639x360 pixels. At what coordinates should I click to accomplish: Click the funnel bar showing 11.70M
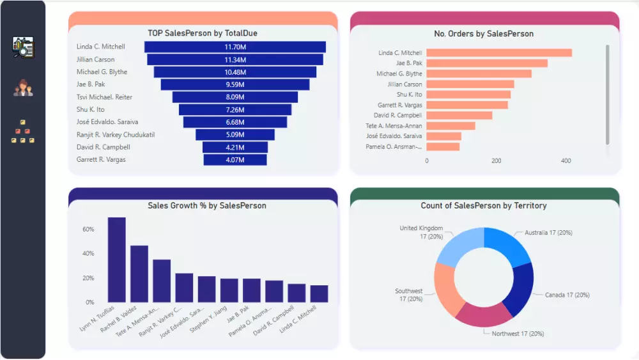pos(235,47)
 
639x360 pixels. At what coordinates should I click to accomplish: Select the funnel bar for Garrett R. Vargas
pos(235,160)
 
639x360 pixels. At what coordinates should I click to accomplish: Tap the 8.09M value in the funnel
pos(235,97)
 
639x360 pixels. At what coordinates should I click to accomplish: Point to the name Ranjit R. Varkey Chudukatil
pos(116,135)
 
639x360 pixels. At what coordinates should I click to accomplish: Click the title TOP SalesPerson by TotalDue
pos(203,33)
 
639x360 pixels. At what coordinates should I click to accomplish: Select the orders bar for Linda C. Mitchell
pos(498,53)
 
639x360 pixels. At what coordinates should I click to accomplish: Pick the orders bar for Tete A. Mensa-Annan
pos(450,126)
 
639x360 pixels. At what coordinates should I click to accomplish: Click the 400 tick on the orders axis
pos(566,161)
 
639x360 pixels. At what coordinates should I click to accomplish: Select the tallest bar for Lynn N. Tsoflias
pos(116,260)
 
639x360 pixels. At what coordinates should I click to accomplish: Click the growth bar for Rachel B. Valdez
pos(139,274)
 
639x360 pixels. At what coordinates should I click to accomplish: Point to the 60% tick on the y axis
pos(88,229)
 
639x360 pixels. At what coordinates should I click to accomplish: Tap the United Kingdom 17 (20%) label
pos(421,232)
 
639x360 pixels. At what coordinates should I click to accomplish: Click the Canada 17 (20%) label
pos(567,295)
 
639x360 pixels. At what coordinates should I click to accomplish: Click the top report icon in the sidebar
pos(23,47)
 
